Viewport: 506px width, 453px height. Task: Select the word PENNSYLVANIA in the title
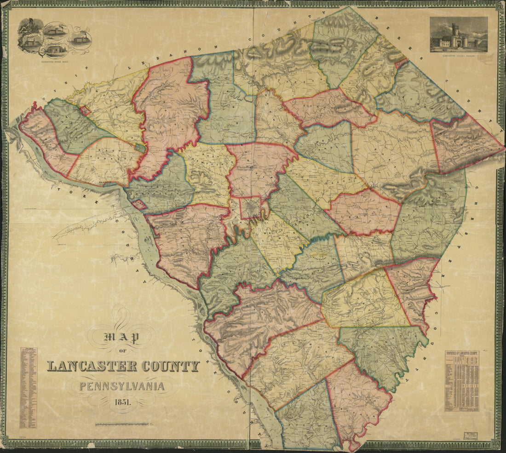point(122,385)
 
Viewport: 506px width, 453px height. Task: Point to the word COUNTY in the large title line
point(171,367)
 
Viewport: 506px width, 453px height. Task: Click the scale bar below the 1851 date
point(122,424)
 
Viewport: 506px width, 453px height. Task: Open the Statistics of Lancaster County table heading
point(461,353)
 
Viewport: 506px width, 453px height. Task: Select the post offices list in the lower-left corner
point(28,388)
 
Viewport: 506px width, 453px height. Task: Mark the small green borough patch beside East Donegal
point(140,148)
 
